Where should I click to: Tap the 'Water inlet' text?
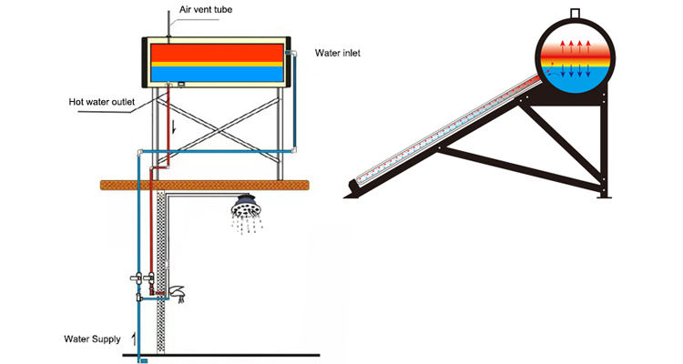338,53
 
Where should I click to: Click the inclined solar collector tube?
446,136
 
